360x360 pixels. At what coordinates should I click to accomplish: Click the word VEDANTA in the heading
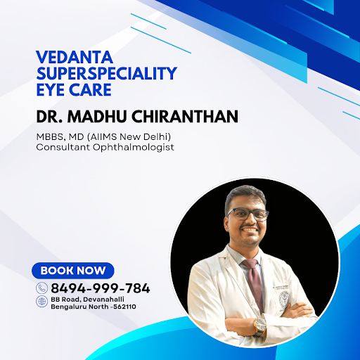75,57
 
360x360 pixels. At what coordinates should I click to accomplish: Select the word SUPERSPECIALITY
107,73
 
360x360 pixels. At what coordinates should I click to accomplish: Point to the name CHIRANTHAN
184,117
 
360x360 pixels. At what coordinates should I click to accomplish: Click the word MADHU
97,117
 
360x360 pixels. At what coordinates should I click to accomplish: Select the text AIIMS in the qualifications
103,136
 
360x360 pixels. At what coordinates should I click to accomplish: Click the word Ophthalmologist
134,148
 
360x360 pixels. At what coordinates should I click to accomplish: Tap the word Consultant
63,147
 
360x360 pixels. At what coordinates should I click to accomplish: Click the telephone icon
42,288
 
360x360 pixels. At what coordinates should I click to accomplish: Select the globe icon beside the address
42,302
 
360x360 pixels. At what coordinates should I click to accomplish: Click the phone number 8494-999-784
101,288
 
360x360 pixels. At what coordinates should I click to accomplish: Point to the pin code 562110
124,307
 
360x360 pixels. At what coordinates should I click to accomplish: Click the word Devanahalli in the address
103,300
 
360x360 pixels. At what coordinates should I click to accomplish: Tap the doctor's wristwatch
259,326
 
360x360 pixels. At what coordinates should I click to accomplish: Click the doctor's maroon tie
255,283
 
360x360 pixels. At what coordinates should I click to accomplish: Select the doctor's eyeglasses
247,214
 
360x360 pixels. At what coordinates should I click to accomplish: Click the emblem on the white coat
284,298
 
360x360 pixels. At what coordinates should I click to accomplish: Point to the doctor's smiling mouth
250,229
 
